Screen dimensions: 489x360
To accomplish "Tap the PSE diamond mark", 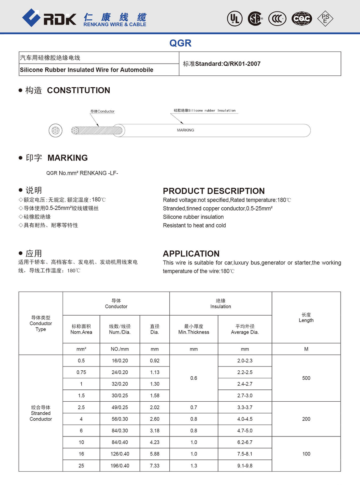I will [325, 18].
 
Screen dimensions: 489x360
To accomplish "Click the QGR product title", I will [180, 43].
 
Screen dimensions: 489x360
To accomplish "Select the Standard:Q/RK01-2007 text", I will [222, 64].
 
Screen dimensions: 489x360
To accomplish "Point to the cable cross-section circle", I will [55, 131].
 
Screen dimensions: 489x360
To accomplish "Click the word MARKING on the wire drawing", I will [185, 130].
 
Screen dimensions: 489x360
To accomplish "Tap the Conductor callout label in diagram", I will [102, 111].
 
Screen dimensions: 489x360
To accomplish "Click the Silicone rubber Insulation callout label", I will [205, 110].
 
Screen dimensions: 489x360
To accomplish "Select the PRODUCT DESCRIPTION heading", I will [213, 191].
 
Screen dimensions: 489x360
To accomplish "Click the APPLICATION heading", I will [191, 253].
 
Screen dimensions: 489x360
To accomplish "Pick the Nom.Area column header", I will [81, 329].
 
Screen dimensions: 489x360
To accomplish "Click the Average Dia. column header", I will [245, 329].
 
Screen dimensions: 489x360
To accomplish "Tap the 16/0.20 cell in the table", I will [119, 361].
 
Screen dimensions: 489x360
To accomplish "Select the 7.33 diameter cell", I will [155, 466].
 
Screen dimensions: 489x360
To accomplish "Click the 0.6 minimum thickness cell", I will [194, 378].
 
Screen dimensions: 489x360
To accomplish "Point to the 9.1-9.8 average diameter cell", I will [245, 466].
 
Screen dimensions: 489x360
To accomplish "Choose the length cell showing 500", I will [306, 378].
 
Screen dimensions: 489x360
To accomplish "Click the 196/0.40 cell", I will [119, 466].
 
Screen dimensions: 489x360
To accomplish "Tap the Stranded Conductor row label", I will [41, 413].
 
